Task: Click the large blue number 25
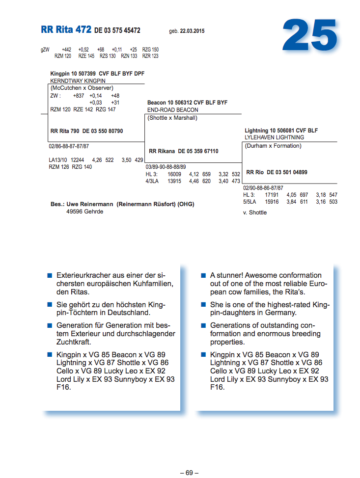coord(310,36)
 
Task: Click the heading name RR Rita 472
coord(66,30)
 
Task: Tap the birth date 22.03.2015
coord(192,31)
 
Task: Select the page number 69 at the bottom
coord(189,473)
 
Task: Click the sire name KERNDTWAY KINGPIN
coord(78,80)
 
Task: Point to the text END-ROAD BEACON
coord(173,110)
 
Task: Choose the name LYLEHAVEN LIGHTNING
coord(275,138)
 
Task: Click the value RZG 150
coord(150,50)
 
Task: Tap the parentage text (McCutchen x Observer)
coord(82,88)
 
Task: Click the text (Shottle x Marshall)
coord(172,118)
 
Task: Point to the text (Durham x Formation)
coord(273,146)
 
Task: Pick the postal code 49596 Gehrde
coord(84,212)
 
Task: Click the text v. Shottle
coord(255,212)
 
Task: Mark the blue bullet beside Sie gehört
coord(50,305)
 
